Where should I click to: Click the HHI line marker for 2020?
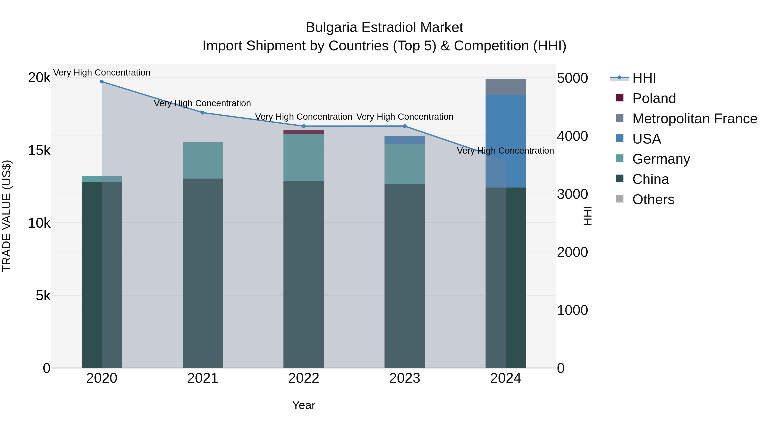click(102, 81)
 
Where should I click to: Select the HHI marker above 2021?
click(203, 113)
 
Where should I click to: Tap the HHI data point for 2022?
click(304, 126)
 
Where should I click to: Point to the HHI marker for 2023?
click(405, 126)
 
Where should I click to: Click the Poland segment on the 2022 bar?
click(304, 132)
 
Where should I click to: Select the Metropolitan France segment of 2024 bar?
click(505, 87)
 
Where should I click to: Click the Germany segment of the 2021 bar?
click(203, 160)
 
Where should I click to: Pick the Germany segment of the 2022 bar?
click(304, 157)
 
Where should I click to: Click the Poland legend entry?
click(654, 98)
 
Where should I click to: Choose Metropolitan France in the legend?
click(694, 119)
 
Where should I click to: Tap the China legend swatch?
click(619, 179)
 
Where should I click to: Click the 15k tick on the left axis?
click(39, 150)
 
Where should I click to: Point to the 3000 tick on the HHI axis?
click(572, 194)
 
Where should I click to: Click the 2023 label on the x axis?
click(405, 378)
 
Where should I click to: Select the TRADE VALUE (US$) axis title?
click(7, 216)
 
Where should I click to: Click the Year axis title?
click(304, 405)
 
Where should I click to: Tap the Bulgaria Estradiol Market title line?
click(384, 28)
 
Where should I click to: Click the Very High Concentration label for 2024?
click(505, 151)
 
